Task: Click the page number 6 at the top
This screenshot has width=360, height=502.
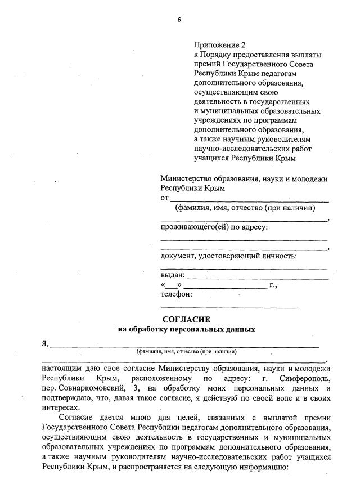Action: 179,20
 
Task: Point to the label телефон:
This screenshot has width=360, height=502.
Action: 177,294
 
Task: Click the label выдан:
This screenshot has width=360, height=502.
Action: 173,275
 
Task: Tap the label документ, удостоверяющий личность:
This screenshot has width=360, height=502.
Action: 228,256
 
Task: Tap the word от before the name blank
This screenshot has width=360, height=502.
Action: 165,198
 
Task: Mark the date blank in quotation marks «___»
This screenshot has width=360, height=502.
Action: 171,285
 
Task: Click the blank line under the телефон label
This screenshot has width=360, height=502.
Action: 229,307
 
